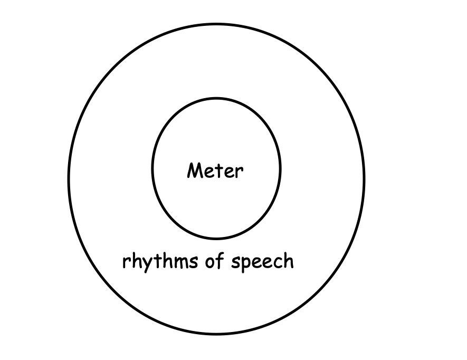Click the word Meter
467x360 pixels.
pos(215,171)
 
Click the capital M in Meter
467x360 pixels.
pos(195,170)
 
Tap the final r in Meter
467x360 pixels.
pos(240,173)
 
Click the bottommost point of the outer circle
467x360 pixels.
pos(216,335)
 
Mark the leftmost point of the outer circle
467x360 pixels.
pos(69,179)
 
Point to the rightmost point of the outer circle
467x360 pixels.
pos(364,179)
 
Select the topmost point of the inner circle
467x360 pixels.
pos(216,99)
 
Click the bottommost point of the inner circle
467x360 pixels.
pos(216,239)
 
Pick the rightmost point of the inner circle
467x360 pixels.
pos(281,169)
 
